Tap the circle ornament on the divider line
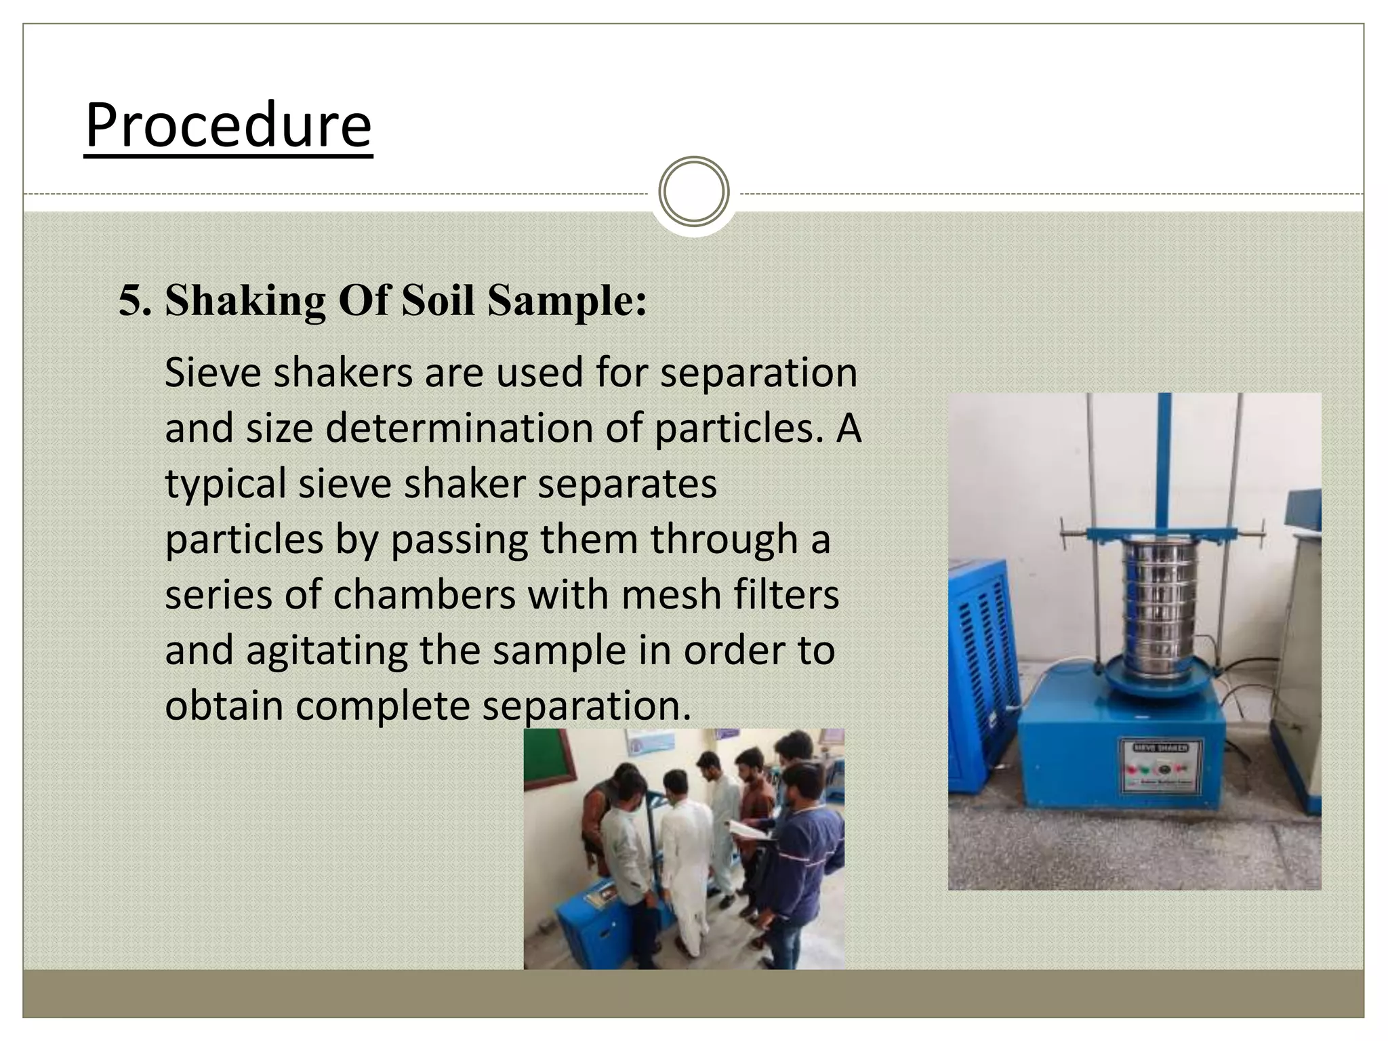point(693,192)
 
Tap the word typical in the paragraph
point(225,484)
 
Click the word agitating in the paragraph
point(326,651)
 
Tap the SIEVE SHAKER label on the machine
point(1160,748)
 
